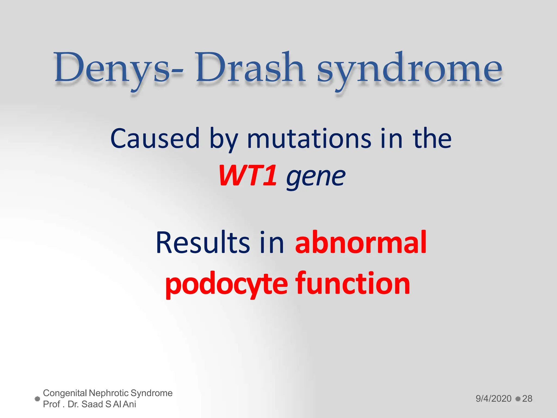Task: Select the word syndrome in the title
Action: pos(409,69)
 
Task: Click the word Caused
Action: pos(155,139)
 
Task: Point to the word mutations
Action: pos(309,139)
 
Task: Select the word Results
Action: pos(203,242)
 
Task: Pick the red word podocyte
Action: pos(227,284)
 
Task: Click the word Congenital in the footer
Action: pos(65,393)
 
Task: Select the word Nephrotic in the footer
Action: pos(109,393)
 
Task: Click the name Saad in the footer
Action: pos(92,404)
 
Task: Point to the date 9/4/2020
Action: pos(493,399)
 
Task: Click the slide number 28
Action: pos(527,399)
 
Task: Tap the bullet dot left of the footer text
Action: pos(38,399)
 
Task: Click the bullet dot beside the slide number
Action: pos(518,399)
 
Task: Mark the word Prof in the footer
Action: pos(52,404)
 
